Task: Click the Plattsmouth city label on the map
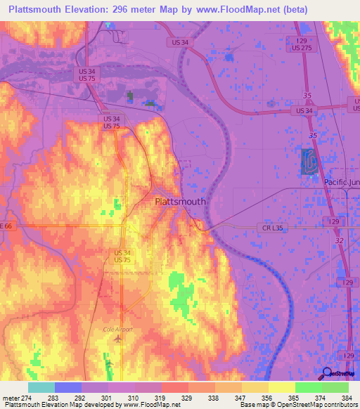180,202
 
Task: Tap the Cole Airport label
117,328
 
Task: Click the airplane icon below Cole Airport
117,339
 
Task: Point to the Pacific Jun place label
342,181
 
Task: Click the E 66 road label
7,226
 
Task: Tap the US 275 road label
302,48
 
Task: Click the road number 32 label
339,240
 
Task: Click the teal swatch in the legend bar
41,387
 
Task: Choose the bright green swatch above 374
308,387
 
